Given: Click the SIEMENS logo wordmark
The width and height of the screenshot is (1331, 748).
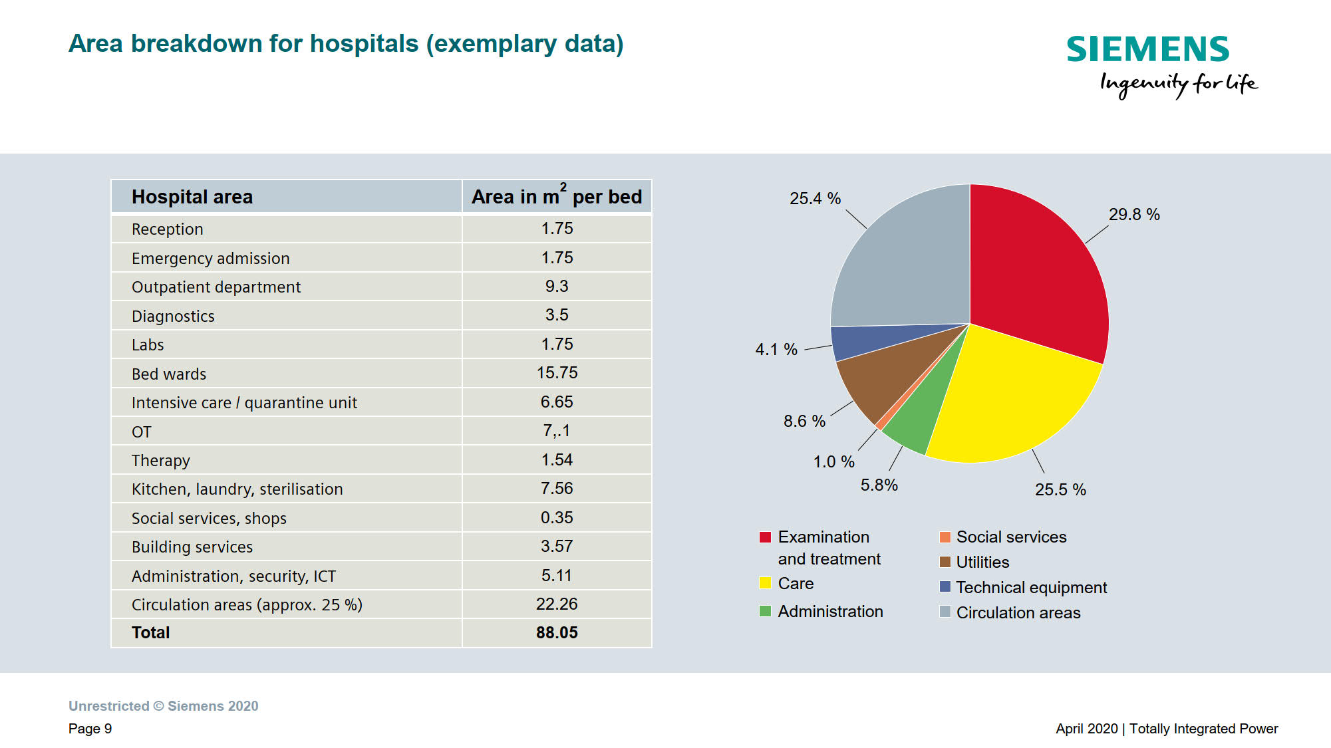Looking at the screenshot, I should [1147, 49].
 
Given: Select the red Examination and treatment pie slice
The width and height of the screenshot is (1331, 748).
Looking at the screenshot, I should [1038, 273].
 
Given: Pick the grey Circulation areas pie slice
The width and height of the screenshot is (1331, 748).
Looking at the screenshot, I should [905, 266].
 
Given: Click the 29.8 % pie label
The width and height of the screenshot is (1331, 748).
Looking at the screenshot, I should [1133, 214].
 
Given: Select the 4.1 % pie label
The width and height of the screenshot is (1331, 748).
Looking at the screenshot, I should [776, 349].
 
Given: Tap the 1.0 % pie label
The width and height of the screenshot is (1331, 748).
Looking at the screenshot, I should [833, 461].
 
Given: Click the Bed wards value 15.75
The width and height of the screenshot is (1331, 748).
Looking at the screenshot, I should [557, 373].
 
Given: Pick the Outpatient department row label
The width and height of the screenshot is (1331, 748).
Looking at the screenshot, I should [216, 287].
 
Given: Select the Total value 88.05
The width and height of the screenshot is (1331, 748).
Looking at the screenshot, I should [557, 632].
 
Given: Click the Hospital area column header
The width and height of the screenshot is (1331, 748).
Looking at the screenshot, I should [192, 197].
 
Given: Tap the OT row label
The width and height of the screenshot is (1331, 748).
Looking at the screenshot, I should [142, 432].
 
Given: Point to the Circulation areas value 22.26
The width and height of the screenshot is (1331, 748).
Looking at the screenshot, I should [557, 604].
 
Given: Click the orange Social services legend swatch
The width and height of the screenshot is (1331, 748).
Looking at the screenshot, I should [945, 537].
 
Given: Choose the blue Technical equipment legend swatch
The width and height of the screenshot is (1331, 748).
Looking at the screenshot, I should [945, 587].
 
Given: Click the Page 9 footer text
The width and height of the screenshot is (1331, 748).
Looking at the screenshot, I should [90, 729].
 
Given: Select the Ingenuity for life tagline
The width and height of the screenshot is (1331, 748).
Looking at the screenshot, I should [1177, 84].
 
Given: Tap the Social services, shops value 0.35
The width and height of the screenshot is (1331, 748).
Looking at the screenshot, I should [557, 517].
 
